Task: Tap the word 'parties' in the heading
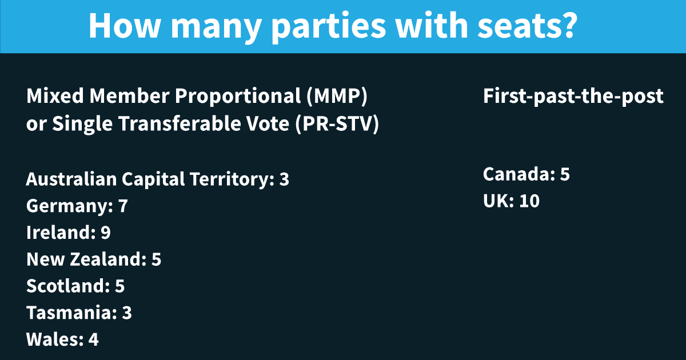click(x=329, y=27)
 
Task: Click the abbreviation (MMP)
click(x=337, y=97)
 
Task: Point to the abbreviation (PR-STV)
click(x=337, y=124)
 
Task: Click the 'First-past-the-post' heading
click(x=573, y=97)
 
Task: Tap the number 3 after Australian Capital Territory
click(x=284, y=179)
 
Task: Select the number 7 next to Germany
click(x=123, y=206)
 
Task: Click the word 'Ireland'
click(x=61, y=233)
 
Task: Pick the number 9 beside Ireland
click(x=105, y=233)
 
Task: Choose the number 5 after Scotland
click(x=119, y=286)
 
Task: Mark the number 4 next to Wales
click(x=93, y=339)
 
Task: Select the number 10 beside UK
click(x=529, y=201)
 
